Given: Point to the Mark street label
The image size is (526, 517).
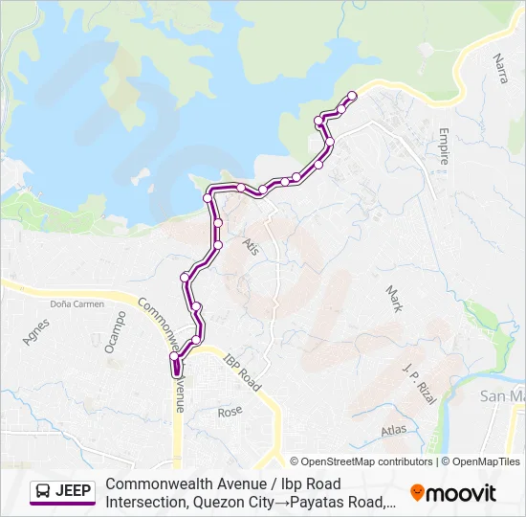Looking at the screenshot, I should click(x=393, y=300).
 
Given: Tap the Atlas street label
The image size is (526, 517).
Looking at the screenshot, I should click(x=393, y=430).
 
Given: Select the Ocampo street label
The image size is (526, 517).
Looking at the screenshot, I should click(x=116, y=331).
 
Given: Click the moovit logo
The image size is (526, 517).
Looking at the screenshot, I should click(x=453, y=493).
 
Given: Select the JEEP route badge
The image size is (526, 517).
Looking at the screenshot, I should click(x=62, y=492).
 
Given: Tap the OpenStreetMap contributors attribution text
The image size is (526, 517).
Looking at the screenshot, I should click(x=362, y=461).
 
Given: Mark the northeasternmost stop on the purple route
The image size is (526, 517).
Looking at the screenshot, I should click(x=352, y=95).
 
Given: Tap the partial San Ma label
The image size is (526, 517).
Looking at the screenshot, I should click(x=502, y=395).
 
